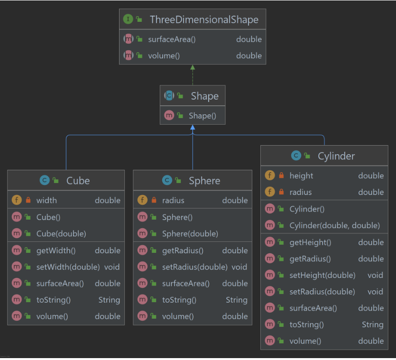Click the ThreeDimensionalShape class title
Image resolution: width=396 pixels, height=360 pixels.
[x=204, y=19]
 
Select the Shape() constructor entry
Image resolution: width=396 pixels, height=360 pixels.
[x=202, y=116]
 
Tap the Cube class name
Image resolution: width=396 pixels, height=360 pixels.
[x=78, y=181]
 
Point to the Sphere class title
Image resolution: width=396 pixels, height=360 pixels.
[x=204, y=181]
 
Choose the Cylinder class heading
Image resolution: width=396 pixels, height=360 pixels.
[x=336, y=156]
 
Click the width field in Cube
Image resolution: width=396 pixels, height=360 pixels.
[x=46, y=200]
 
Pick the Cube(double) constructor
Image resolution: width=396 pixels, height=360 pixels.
[x=61, y=234]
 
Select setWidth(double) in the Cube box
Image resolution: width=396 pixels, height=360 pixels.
[x=68, y=267]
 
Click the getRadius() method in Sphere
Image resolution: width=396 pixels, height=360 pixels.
[x=183, y=250]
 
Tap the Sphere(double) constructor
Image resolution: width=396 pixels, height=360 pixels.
[x=190, y=234]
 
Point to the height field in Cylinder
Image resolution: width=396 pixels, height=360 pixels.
[x=301, y=175]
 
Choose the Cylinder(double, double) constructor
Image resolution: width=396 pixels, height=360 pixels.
[x=334, y=226]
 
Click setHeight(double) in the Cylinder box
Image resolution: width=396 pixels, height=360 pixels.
[x=322, y=275]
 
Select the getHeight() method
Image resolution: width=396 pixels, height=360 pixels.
[x=310, y=242]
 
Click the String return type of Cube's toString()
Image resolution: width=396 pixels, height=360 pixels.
[x=109, y=300]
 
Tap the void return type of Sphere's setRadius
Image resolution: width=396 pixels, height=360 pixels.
[x=239, y=267]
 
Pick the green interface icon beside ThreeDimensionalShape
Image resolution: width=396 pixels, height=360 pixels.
[x=128, y=19]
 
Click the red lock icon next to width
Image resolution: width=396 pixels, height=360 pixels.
[x=28, y=201]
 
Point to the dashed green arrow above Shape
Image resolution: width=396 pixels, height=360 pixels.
[x=193, y=74]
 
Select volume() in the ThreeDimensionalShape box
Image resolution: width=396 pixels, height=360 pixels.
[x=164, y=55]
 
